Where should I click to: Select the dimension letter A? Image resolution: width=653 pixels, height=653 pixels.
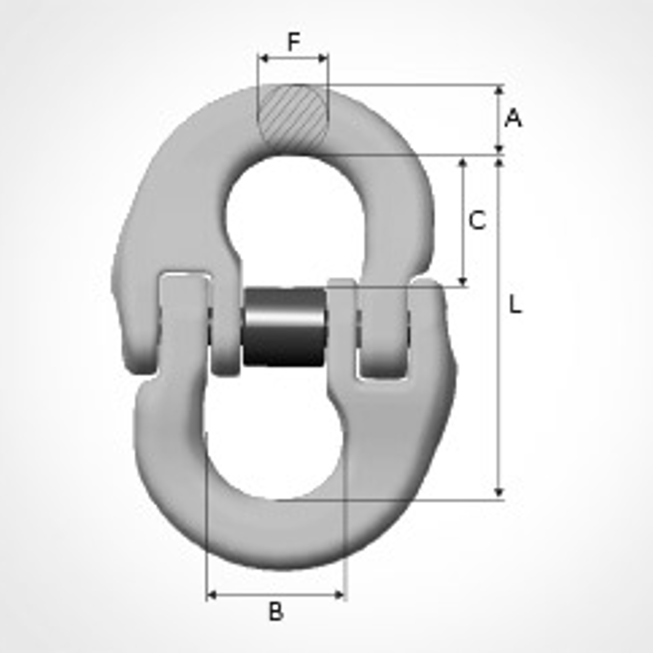(x=513, y=118)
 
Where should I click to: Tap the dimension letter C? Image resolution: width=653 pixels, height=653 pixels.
(x=477, y=220)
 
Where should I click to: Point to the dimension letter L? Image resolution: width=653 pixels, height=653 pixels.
(x=515, y=304)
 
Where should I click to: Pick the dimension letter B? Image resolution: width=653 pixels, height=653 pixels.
(x=276, y=611)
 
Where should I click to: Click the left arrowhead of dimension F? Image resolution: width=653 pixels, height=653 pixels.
(x=263, y=58)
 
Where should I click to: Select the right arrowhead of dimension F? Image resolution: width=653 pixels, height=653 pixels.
(x=323, y=58)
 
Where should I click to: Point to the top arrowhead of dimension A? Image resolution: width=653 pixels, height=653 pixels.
(x=499, y=90)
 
